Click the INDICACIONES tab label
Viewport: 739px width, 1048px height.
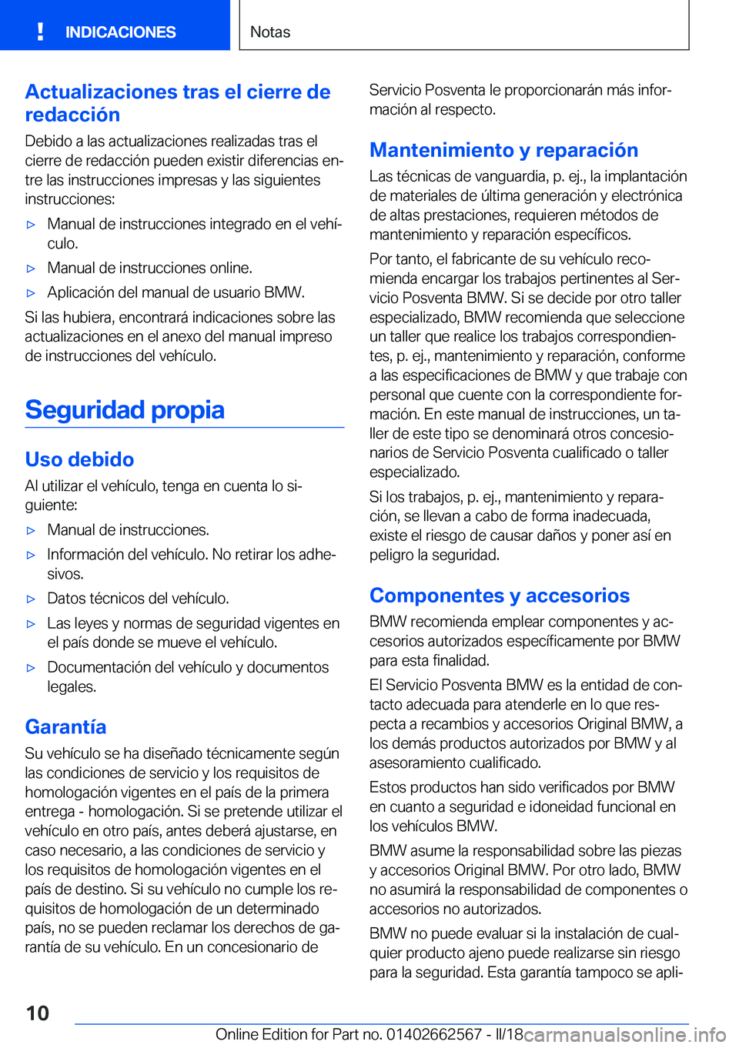(x=120, y=32)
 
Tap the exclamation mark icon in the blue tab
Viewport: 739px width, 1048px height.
(x=40, y=32)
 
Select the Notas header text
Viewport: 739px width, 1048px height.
(x=270, y=32)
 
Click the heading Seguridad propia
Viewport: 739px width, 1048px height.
(x=125, y=409)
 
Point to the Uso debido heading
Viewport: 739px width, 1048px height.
(x=79, y=459)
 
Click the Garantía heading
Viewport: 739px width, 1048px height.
(x=65, y=727)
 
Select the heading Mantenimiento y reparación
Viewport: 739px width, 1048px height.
(x=503, y=150)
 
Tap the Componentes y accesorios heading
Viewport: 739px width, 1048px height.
(x=499, y=596)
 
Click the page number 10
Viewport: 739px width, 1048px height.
(x=38, y=1013)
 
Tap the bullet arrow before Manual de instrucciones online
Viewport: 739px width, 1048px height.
(x=32, y=269)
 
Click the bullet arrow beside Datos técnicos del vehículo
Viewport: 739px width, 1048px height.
(x=32, y=599)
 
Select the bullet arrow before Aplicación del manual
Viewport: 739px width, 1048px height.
(x=32, y=293)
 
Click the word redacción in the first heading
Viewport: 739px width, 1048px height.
(x=72, y=115)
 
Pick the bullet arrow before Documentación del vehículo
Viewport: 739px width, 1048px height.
(x=32, y=669)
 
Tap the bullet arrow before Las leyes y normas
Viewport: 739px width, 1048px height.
(x=32, y=624)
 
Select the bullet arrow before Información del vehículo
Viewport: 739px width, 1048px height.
(x=32, y=556)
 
